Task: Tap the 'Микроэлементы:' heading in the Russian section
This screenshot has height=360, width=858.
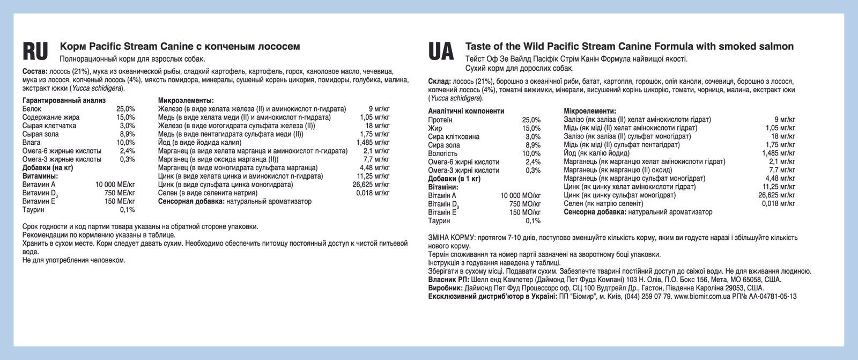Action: [x=186, y=100]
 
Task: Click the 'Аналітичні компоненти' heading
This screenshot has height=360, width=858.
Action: [x=466, y=111]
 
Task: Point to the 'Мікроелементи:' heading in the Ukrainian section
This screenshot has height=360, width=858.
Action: [x=590, y=111]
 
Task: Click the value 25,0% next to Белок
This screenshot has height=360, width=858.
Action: [x=125, y=109]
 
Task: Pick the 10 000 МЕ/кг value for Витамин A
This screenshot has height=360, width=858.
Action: [x=115, y=185]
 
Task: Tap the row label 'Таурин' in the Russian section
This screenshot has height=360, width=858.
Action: [x=33, y=210]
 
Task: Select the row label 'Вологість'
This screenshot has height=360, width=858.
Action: [x=443, y=153]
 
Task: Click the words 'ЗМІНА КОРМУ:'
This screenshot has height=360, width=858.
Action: [x=452, y=237]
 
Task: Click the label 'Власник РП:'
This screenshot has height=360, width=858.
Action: [x=449, y=280]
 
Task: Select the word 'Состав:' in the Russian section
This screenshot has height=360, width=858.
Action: [x=35, y=71]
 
